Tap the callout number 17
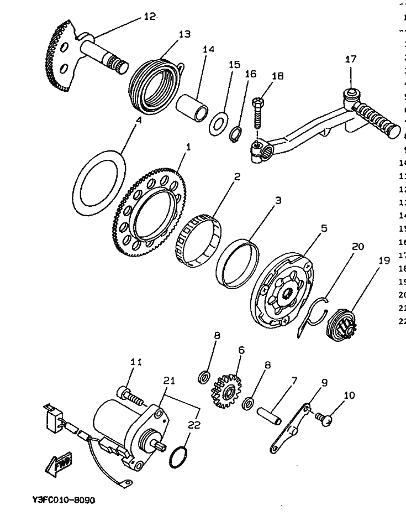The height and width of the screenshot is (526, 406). (351, 59)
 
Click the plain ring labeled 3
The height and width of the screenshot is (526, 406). (238, 263)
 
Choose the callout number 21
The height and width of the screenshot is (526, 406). (168, 381)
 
